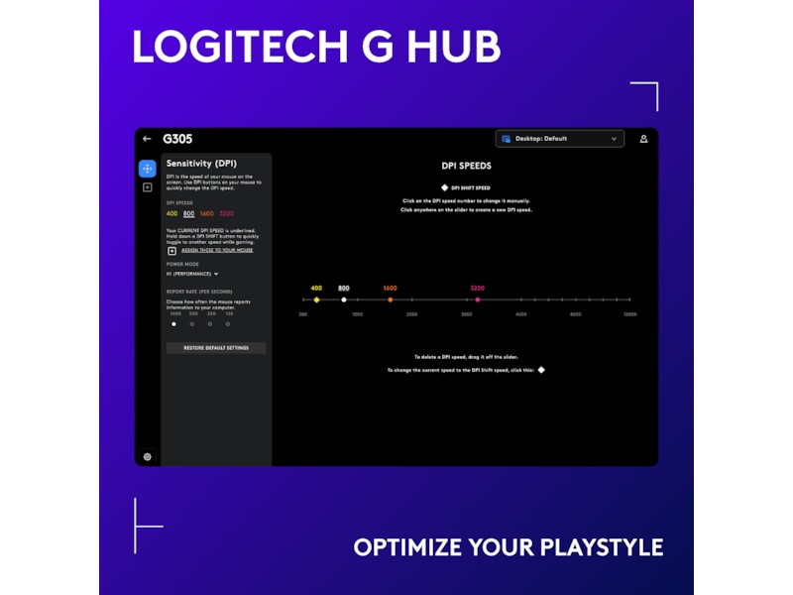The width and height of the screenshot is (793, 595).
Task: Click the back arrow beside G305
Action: coord(147,139)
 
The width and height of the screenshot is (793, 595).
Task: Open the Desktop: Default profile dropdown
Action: coord(560,139)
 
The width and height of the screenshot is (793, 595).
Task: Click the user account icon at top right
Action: coord(643,139)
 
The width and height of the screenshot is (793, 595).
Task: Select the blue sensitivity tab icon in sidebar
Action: coord(147,169)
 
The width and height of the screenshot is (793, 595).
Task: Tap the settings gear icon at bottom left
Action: coord(147,457)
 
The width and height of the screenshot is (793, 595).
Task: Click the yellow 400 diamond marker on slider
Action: coord(316,299)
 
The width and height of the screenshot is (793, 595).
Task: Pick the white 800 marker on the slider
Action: coord(344,299)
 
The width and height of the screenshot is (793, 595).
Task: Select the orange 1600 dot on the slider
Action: coord(390,299)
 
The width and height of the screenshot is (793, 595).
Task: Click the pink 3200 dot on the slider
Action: coord(478,299)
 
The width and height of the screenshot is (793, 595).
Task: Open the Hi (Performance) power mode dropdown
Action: coord(192,273)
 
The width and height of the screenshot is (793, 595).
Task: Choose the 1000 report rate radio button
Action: coord(174,323)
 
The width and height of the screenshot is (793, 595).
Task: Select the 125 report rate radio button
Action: coord(228,323)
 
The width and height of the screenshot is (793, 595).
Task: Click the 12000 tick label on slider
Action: coord(629,314)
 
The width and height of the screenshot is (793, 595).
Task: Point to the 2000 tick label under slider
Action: coord(411,314)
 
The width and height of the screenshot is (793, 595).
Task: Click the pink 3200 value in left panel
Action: coord(227,213)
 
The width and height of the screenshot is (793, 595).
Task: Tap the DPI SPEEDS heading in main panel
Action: coord(466,166)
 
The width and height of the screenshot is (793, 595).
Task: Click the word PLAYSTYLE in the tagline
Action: coord(602,547)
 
